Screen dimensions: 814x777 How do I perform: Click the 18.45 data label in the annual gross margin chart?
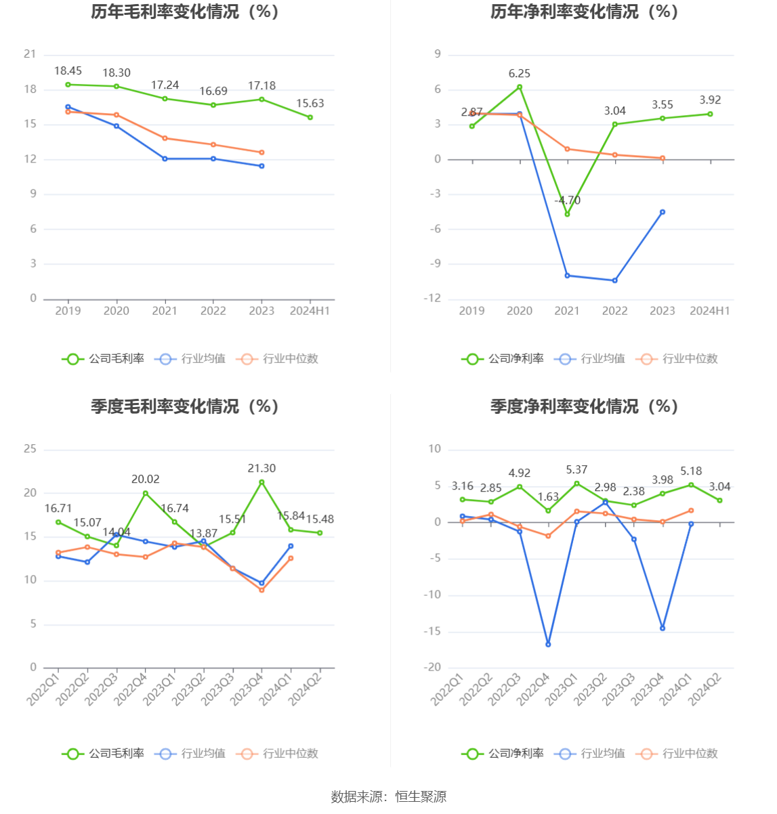tap(68, 71)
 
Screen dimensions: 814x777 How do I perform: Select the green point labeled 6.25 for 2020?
tap(520, 87)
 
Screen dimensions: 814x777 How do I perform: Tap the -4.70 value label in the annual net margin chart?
tap(568, 200)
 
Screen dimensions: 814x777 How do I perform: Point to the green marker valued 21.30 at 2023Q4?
tap(261, 482)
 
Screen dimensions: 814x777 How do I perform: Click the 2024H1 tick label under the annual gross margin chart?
tap(310, 311)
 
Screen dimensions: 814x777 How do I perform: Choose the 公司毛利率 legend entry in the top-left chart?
tap(104, 359)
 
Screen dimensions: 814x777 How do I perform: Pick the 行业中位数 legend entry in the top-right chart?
tap(677, 359)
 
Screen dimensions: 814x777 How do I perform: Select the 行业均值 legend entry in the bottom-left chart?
tap(190, 754)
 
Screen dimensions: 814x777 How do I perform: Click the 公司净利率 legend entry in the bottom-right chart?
tap(503, 754)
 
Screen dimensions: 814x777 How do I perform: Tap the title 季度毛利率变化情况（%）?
tap(185, 406)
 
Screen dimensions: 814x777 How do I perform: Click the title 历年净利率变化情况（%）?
tap(585, 12)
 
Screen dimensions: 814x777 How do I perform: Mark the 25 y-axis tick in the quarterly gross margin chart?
tap(30, 449)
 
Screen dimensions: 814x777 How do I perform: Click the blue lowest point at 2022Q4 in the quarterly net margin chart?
tap(548, 644)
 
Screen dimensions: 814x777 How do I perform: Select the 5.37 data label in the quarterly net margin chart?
tap(576, 470)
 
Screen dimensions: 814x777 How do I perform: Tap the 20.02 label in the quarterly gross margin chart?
tap(146, 479)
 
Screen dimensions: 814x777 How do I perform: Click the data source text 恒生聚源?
tap(421, 797)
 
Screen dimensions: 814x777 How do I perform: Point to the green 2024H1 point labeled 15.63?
tap(310, 117)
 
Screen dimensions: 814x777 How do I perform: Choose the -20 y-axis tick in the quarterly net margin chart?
tap(432, 668)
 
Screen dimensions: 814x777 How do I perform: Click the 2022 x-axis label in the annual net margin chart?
tap(615, 311)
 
